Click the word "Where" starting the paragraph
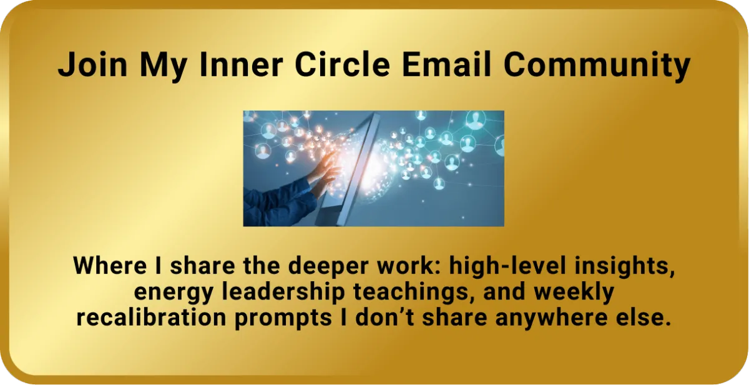pyautogui.click(x=104, y=266)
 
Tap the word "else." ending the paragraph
pyautogui.click(x=644, y=317)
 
